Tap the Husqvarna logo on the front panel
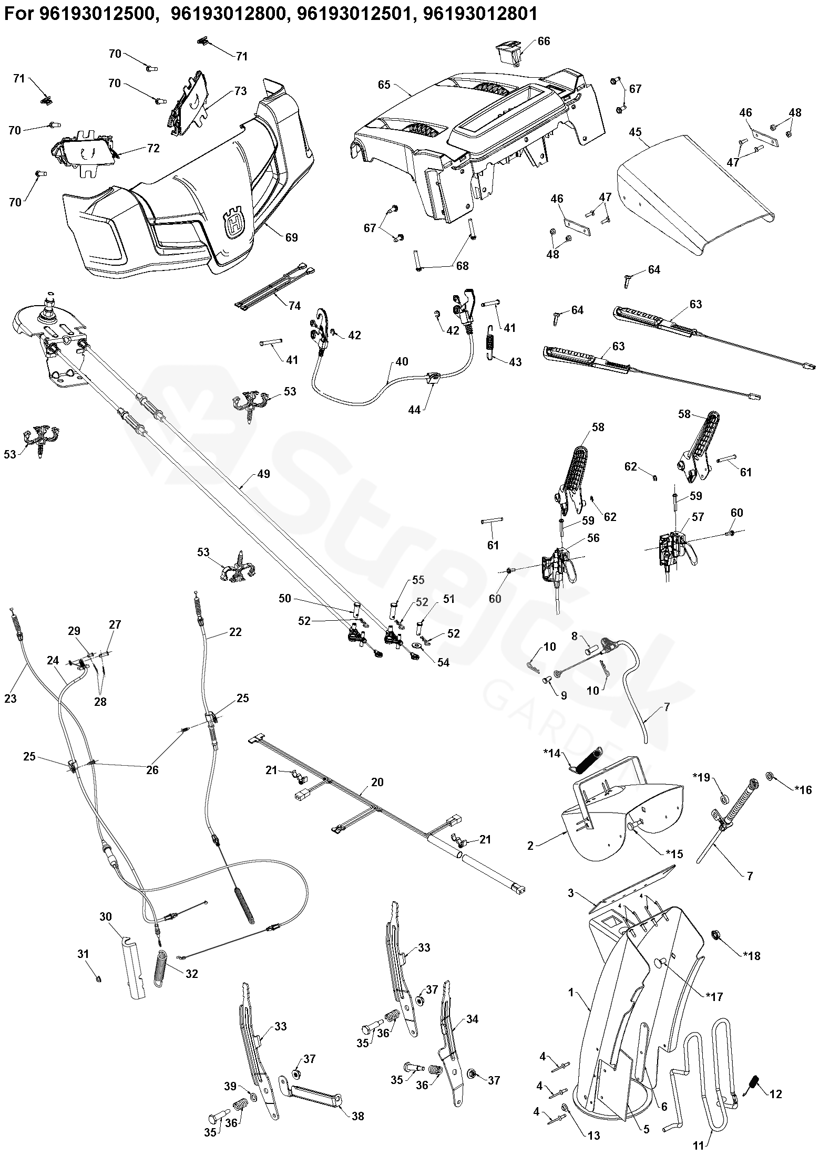click(234, 223)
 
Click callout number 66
click(544, 41)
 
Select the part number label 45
click(636, 132)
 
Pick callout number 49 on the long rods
click(263, 474)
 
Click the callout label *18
click(751, 956)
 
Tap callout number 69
click(291, 237)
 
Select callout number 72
click(153, 149)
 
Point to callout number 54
click(443, 662)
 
